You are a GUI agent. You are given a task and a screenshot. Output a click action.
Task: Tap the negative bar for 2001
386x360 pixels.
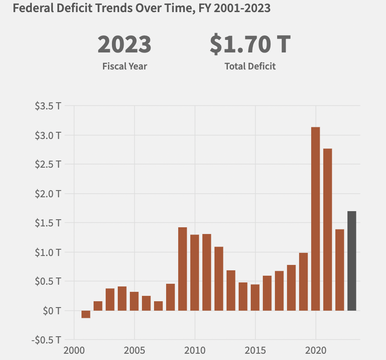(86, 314)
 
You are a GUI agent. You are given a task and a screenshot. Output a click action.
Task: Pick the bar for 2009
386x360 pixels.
(182, 269)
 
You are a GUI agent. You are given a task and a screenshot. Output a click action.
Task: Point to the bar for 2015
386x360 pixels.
(255, 298)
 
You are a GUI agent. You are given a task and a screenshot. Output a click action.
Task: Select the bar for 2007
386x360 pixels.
(158, 306)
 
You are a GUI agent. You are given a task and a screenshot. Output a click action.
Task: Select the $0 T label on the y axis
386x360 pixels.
(53, 310)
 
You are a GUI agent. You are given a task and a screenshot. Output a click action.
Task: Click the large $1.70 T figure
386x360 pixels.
(250, 44)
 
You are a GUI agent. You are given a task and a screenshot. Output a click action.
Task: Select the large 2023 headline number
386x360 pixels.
(124, 44)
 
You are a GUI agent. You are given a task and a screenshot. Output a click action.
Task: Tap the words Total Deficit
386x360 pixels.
(250, 66)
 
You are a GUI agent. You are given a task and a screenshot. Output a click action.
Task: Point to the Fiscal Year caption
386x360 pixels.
(124, 66)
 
